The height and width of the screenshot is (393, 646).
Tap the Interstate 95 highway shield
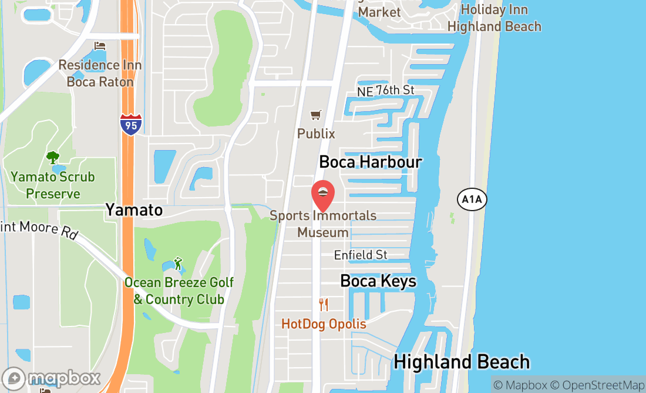click(130, 125)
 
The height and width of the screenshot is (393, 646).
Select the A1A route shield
click(472, 200)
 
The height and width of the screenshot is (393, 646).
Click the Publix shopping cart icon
click(316, 115)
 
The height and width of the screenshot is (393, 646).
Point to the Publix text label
click(316, 134)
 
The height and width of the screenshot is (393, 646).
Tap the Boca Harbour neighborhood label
click(370, 162)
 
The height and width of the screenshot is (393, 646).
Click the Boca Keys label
click(378, 281)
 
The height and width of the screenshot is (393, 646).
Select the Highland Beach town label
click(462, 362)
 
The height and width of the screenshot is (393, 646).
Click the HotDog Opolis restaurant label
click(324, 324)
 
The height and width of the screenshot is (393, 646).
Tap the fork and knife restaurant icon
click(323, 305)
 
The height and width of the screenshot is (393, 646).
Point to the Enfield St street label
click(361, 255)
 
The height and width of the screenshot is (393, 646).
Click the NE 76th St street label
click(386, 91)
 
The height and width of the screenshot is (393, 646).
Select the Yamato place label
click(134, 210)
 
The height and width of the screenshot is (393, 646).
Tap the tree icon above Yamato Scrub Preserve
click(53, 158)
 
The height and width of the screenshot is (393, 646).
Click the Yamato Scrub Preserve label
click(52, 185)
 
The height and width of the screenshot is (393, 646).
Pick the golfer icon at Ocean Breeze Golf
click(178, 263)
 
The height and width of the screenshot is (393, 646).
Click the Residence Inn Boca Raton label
click(100, 73)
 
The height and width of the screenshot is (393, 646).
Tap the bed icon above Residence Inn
click(100, 46)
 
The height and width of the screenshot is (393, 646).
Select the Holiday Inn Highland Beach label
click(494, 18)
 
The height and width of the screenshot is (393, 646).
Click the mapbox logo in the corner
click(51, 378)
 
